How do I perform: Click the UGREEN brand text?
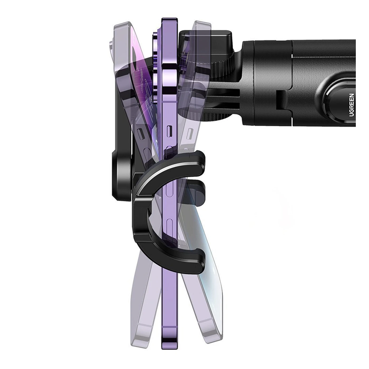click(x=352, y=105)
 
